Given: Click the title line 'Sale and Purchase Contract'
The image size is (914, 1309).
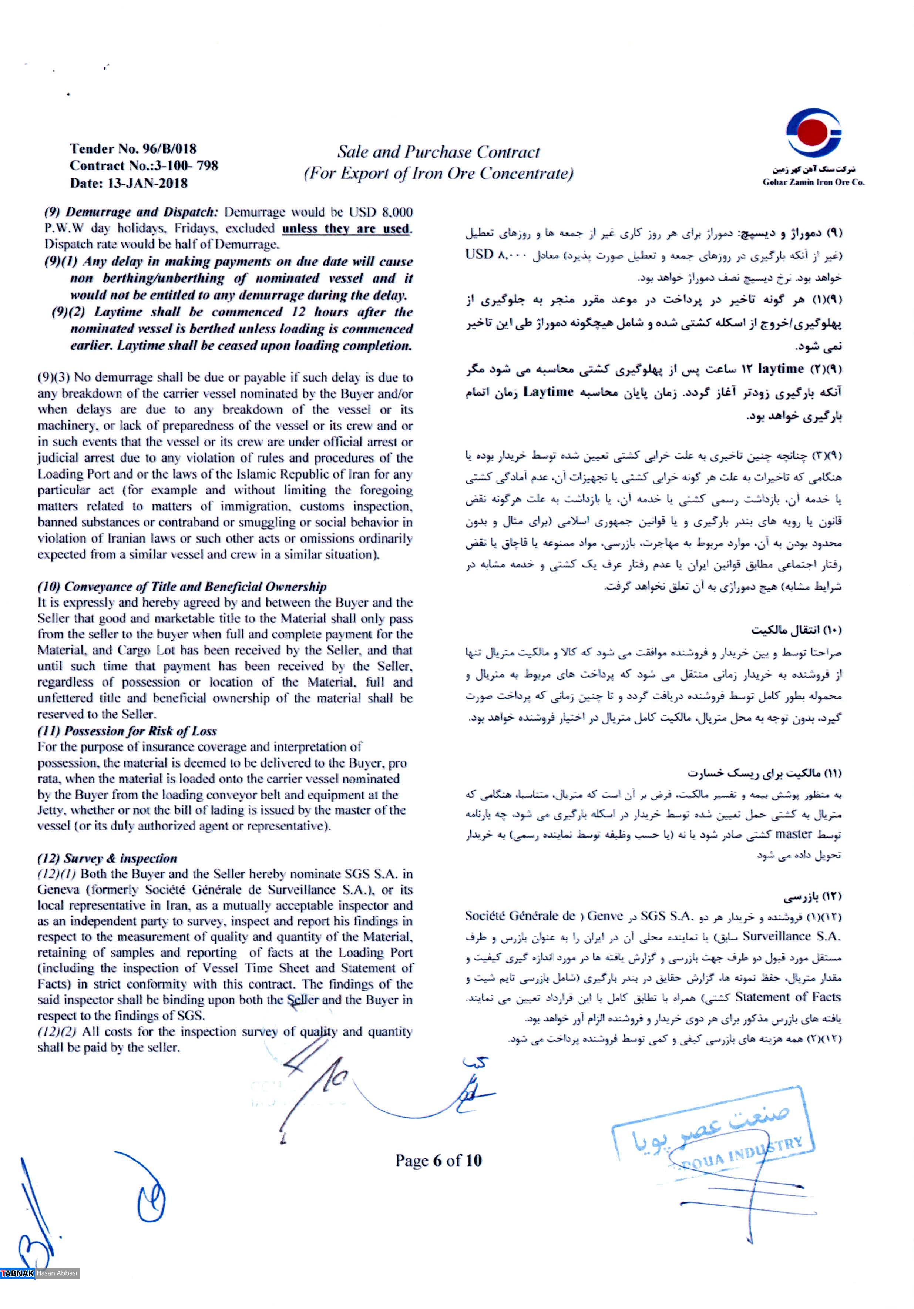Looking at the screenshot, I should coord(437,152).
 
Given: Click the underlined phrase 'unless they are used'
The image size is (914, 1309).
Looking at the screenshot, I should coord(346,229).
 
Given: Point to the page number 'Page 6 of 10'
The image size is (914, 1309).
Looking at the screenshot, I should coord(438,1160).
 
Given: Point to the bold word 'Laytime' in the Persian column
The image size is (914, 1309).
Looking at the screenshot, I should coord(548,392).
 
